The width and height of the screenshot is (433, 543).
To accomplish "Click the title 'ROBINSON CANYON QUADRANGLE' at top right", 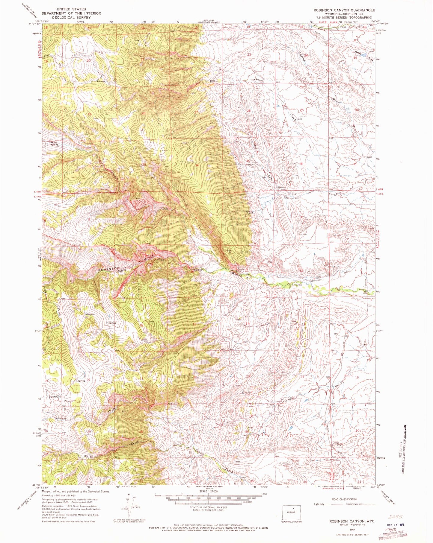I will point(344,10).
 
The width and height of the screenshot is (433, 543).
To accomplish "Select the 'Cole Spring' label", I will point(246,165).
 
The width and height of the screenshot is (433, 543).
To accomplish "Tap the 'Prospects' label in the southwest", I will point(69,401).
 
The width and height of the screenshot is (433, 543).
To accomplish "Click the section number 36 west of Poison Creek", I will point(301,164).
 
